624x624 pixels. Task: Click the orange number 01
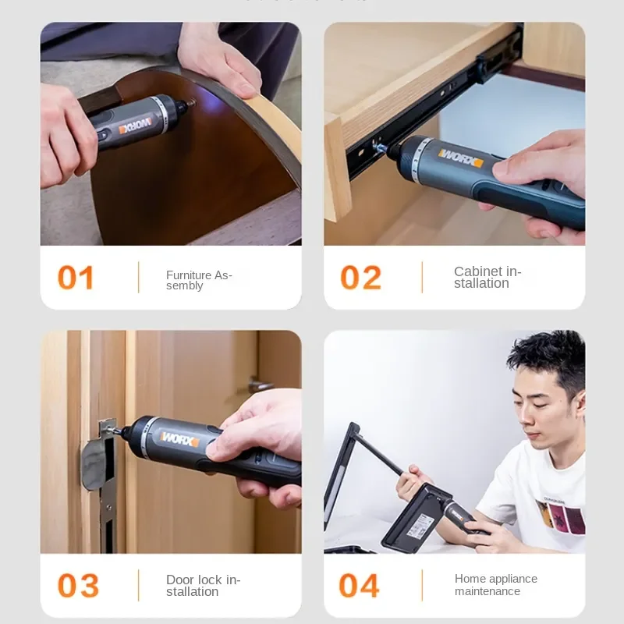pos(76,278)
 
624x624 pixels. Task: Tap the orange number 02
pos(360,278)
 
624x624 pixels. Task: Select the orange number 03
pos(78,586)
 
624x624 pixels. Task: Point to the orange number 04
pos(360,586)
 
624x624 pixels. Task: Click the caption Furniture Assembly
pos(199,280)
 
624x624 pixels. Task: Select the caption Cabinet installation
pos(487,277)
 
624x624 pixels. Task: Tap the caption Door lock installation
pos(203,585)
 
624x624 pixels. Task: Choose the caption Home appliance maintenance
pos(495,585)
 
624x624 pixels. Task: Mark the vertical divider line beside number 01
pos(139,278)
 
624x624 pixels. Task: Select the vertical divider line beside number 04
pos(422,586)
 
